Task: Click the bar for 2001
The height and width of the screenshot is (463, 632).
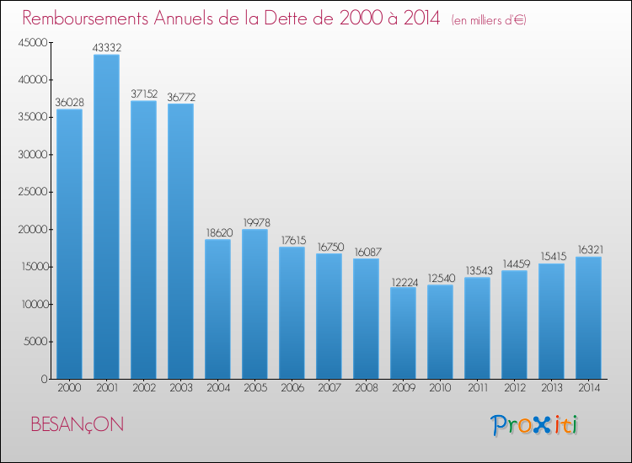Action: click(x=106, y=216)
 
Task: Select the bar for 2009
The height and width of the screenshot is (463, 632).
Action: click(x=403, y=333)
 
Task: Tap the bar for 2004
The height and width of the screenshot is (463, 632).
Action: click(x=217, y=309)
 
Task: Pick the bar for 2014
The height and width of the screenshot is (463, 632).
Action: click(x=588, y=317)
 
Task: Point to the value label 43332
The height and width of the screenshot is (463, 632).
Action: click(x=106, y=47)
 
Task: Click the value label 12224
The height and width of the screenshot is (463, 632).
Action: click(x=403, y=280)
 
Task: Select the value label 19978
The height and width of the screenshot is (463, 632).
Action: click(x=254, y=222)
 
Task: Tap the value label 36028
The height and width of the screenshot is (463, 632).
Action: click(x=69, y=102)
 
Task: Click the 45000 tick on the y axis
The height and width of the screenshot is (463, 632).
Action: click(x=31, y=43)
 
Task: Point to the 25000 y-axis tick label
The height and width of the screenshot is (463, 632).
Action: click(x=31, y=192)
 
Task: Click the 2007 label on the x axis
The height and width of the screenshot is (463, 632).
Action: click(x=329, y=388)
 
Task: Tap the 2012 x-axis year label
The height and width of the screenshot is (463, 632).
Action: click(x=514, y=388)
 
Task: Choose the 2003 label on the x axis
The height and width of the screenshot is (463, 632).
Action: click(x=180, y=388)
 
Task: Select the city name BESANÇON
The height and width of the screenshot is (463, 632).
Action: click(x=77, y=424)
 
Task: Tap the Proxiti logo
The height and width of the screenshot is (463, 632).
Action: click(x=535, y=425)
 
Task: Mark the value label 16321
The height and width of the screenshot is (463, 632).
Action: click(x=588, y=250)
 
